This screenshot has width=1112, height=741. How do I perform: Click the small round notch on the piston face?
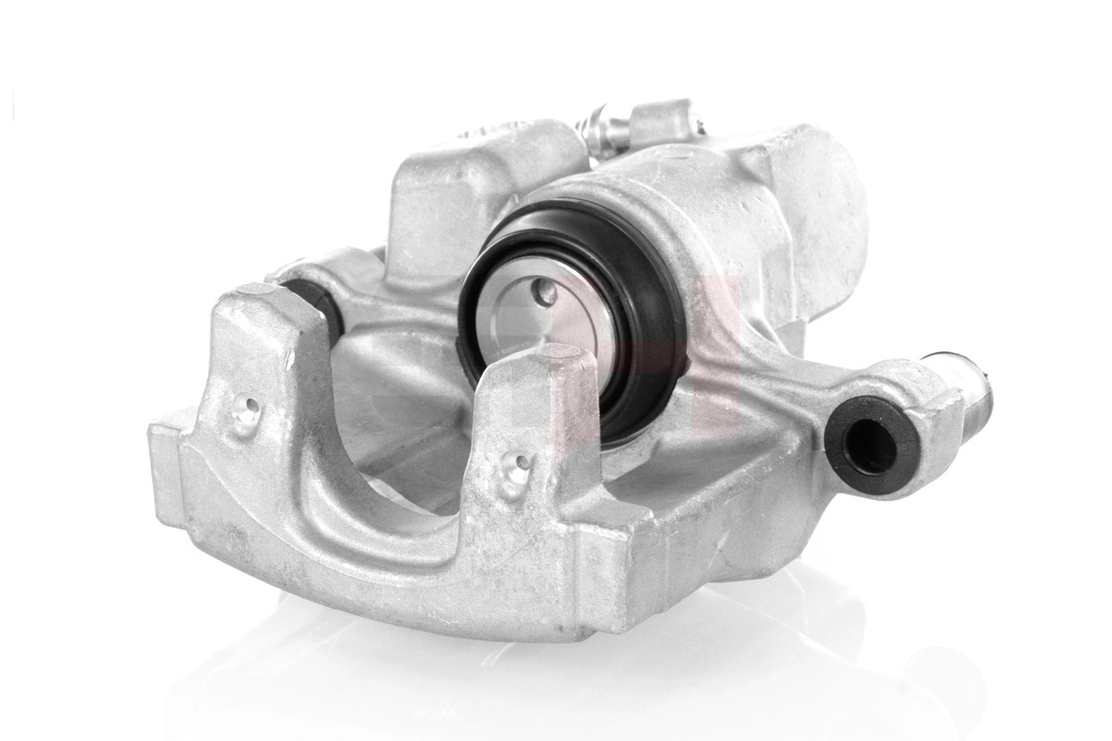click(x=546, y=294)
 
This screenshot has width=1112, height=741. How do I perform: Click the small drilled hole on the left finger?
click(x=246, y=408)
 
